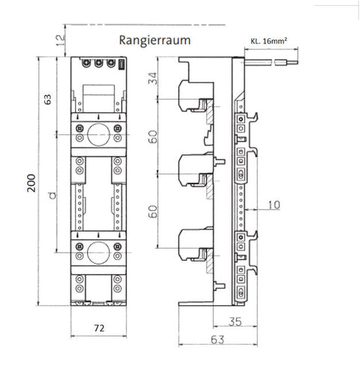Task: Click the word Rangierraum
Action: (154, 40)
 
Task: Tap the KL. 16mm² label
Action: (268, 41)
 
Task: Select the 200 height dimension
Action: (31, 183)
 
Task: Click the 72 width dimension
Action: (99, 328)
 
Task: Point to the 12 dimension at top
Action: (60, 40)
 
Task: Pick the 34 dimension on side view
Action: (153, 78)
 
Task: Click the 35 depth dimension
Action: (235, 322)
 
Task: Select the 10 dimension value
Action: (274, 205)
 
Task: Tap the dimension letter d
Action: (52, 196)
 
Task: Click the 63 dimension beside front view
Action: (47, 99)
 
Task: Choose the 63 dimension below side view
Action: (217, 340)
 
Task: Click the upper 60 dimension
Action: (153, 136)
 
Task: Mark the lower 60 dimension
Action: (153, 211)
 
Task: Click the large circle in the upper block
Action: (98, 135)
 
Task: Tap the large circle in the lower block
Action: (98, 253)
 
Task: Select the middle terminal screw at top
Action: (98, 63)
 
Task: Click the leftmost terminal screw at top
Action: (86, 63)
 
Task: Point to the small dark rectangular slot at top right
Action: (121, 64)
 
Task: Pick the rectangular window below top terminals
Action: (98, 98)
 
